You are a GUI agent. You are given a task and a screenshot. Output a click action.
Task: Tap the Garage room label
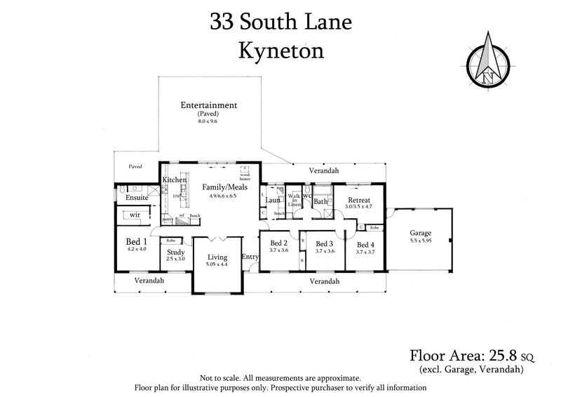[420, 233]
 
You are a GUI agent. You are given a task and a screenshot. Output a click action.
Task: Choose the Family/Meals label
[223, 187]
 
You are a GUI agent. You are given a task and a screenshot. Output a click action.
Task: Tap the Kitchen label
[174, 180]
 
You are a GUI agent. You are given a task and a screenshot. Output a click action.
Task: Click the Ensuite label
[136, 198]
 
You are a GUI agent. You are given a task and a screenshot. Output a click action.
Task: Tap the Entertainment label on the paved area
[208, 105]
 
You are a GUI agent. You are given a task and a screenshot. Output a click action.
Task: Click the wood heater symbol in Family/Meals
[245, 170]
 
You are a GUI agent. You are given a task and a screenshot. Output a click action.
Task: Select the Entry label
[250, 257]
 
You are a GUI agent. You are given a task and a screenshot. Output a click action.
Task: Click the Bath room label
[320, 202]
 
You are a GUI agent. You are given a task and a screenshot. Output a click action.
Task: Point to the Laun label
[273, 200]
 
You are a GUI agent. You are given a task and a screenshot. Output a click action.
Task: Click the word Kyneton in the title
[280, 51]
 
